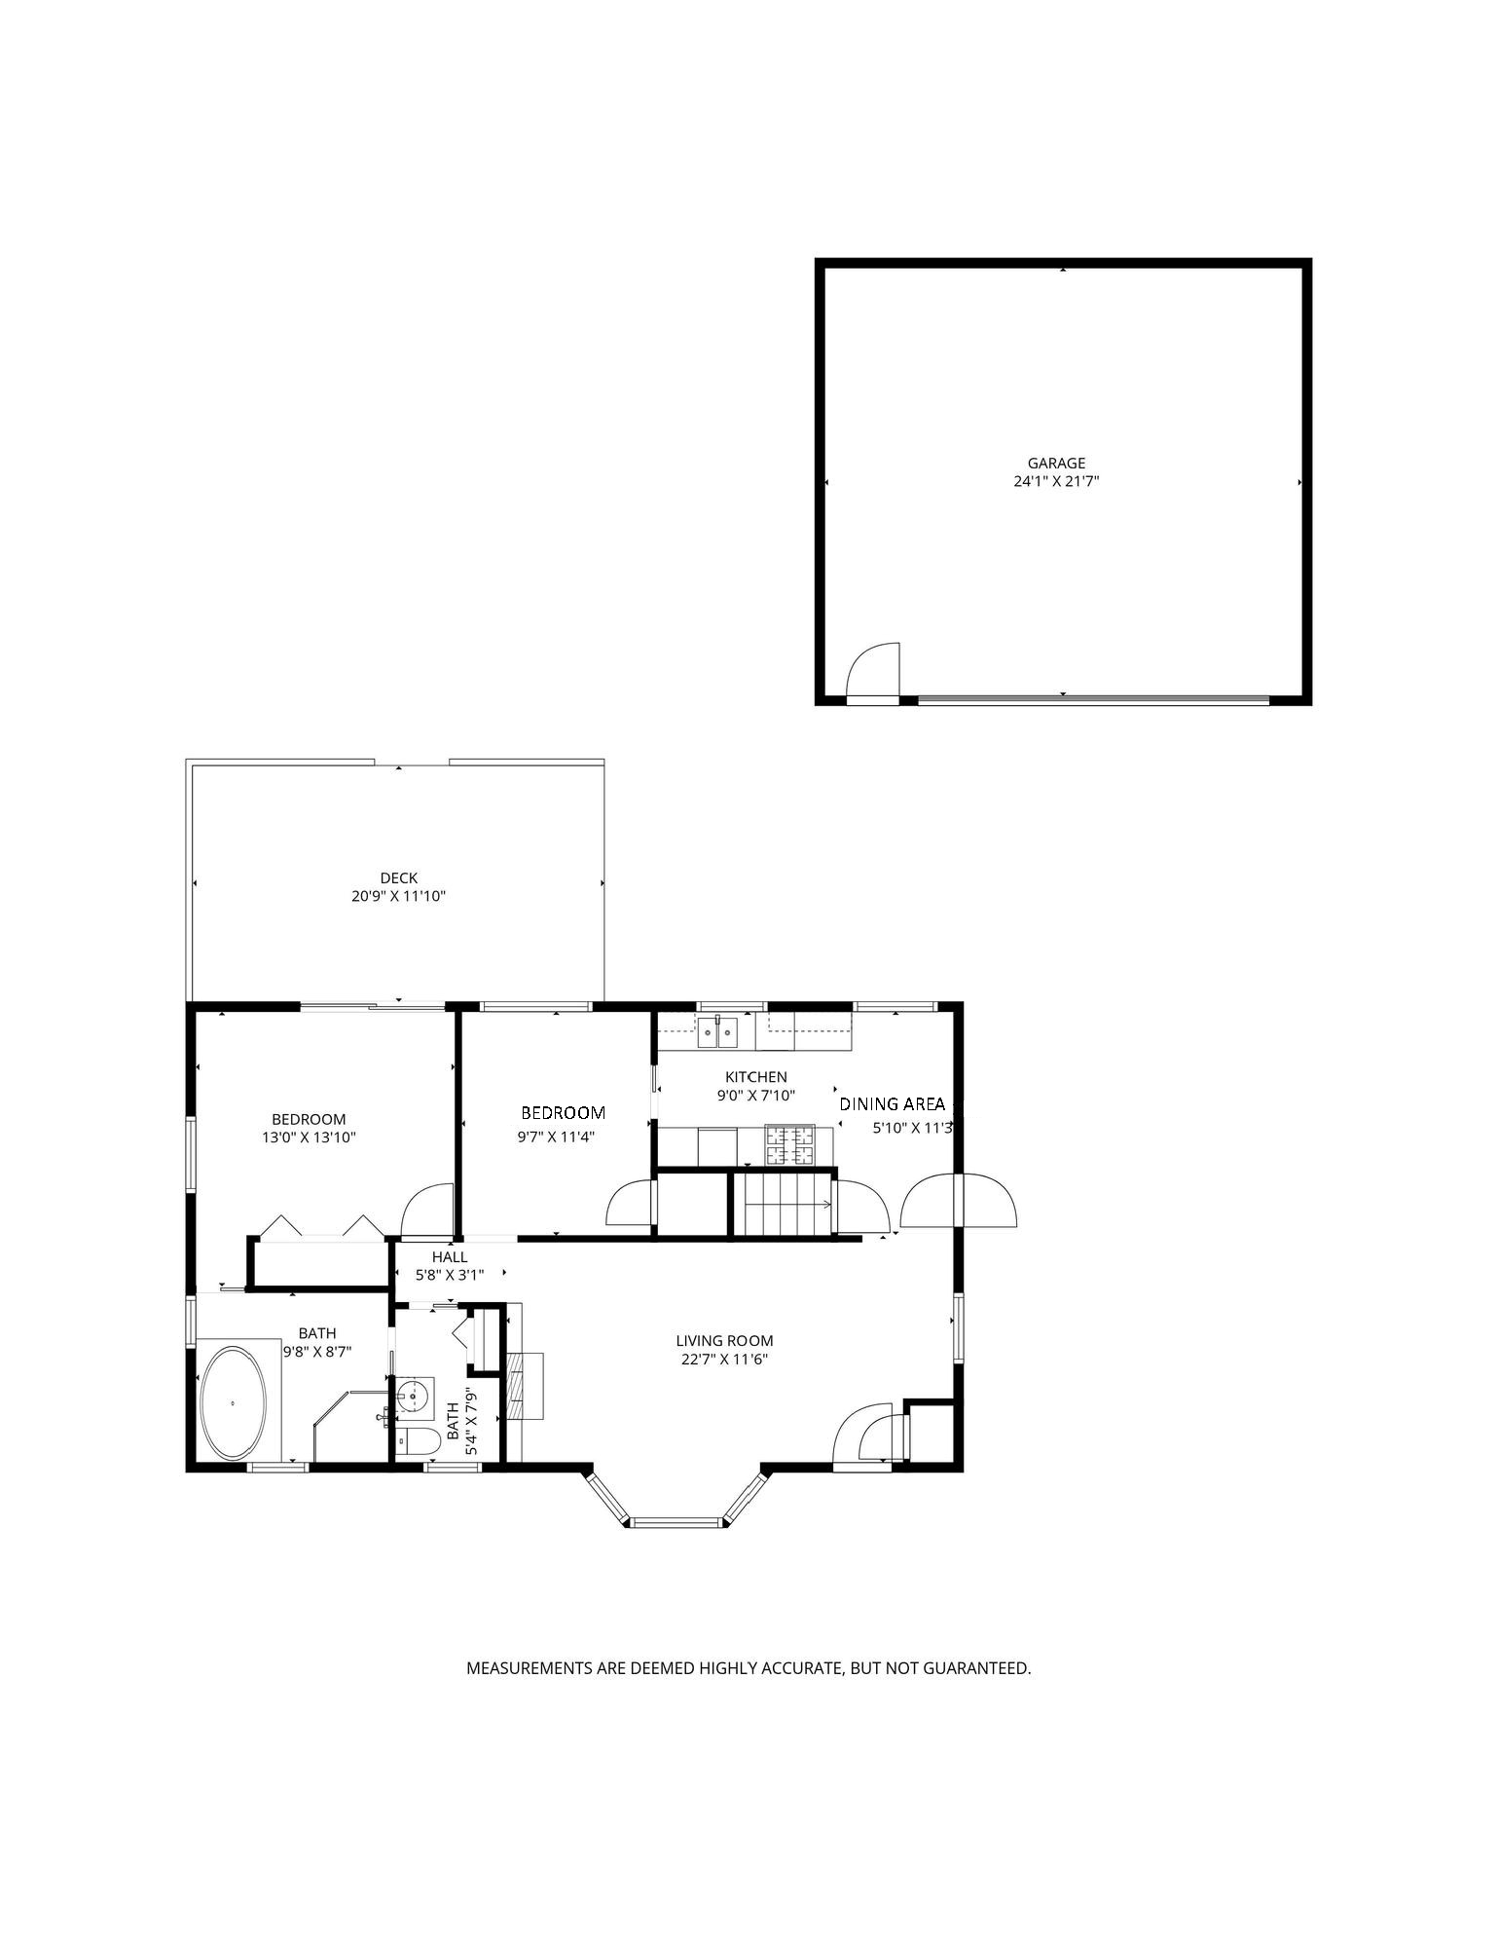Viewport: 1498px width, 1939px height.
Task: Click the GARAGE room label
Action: [x=1056, y=464]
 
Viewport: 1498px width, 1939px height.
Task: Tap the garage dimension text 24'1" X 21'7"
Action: [x=1056, y=481]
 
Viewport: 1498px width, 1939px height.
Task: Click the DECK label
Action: [x=399, y=878]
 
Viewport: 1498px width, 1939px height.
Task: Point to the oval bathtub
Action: [x=234, y=1403]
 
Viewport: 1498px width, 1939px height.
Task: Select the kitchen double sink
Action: [x=717, y=1031]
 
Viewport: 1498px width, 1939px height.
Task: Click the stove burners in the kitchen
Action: [x=789, y=1145]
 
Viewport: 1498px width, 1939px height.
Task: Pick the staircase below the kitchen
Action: [x=782, y=1205]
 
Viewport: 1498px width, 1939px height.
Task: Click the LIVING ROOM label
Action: [x=724, y=1341]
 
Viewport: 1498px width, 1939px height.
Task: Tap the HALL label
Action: [x=450, y=1257]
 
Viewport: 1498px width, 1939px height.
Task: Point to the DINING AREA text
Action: [x=892, y=1104]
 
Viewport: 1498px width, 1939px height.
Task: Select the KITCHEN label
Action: [x=756, y=1077]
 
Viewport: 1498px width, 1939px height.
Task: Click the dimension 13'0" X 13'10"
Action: [x=309, y=1137]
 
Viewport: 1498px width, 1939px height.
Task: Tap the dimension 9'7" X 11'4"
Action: [x=556, y=1137]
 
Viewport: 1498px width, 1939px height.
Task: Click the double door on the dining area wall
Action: [x=959, y=1201]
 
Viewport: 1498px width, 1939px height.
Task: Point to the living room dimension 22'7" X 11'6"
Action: [x=724, y=1360]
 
